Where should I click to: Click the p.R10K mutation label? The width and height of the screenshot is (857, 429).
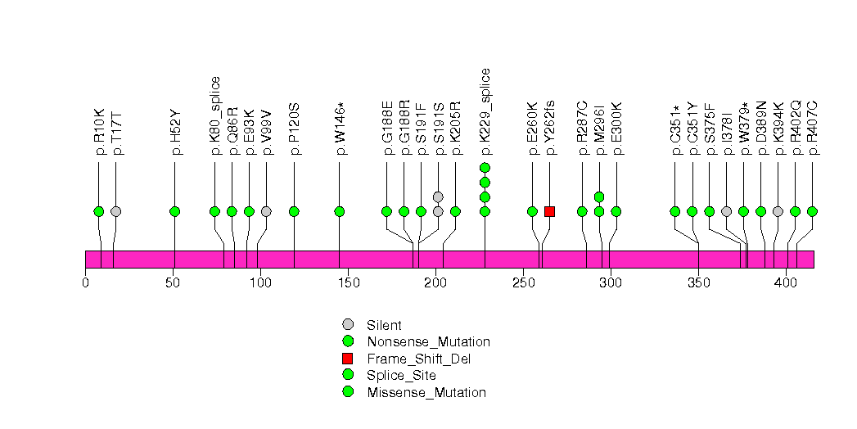99,132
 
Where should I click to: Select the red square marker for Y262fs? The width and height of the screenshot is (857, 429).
550,211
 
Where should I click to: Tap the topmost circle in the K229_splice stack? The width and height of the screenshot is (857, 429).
485,168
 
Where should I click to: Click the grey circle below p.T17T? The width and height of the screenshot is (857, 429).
116,211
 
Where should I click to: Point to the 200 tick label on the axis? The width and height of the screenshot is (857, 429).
435,282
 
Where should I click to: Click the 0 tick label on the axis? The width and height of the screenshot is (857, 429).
86,282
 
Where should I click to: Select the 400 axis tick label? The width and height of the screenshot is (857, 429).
786,282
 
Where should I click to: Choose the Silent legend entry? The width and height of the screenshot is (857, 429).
384,325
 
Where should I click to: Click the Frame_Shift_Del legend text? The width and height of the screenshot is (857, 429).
418,359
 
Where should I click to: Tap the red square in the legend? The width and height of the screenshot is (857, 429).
348,359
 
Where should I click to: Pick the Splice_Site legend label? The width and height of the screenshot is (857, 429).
402,376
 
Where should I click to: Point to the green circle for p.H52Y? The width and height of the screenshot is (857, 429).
175,211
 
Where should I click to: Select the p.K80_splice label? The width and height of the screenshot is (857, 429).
214,116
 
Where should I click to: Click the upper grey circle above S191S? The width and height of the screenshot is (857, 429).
438,196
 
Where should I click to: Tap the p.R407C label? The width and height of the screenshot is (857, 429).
812,128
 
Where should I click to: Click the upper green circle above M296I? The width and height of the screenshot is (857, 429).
599,196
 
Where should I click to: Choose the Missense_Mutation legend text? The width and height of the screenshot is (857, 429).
426,392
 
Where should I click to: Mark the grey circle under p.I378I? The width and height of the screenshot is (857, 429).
726,211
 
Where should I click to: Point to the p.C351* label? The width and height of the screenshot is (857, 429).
675,130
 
